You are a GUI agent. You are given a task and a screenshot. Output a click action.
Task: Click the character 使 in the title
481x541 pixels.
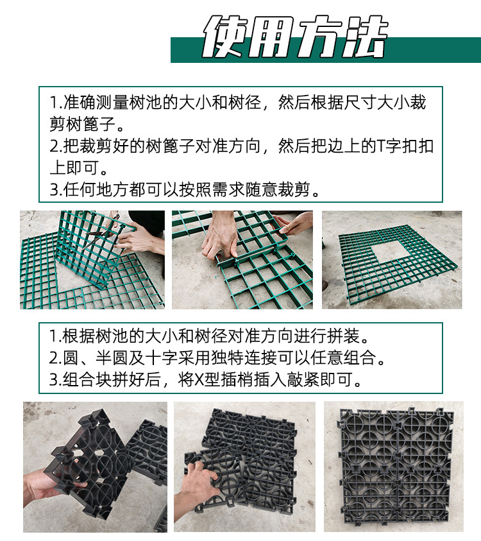point(225,37)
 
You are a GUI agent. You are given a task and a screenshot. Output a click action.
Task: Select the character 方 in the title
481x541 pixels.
point(319,37)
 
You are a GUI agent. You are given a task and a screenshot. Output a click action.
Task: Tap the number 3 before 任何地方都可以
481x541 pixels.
point(54,190)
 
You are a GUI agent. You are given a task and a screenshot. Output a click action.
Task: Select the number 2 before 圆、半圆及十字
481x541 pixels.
point(54,357)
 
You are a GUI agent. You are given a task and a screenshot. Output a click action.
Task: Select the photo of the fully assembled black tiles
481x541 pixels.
point(392,467)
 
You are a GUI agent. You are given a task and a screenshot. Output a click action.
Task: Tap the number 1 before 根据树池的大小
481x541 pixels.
point(54,336)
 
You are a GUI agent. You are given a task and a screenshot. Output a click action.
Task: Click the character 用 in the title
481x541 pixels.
point(272,37)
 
